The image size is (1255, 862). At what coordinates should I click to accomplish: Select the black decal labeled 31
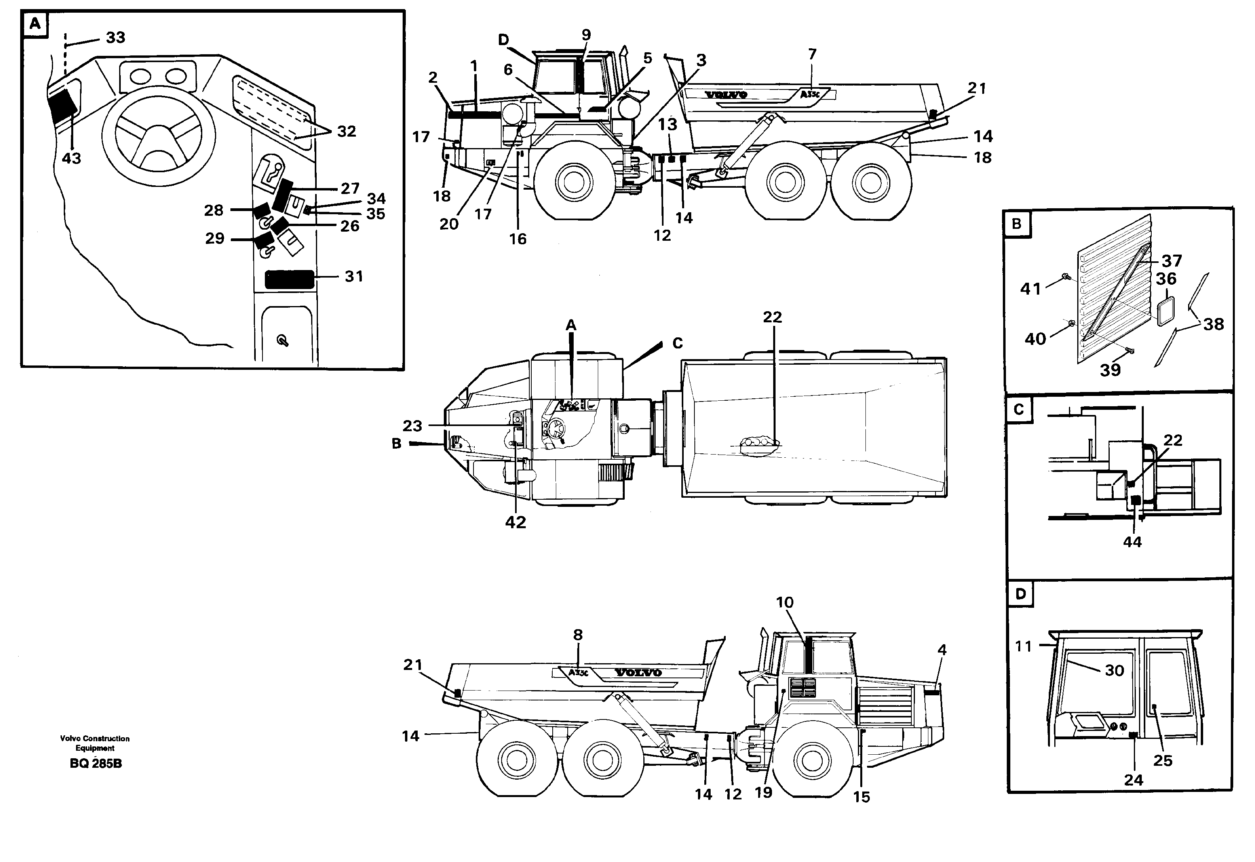(289, 280)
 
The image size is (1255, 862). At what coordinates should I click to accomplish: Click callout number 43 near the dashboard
(71, 158)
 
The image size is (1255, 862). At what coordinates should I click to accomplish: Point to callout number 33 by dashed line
(116, 37)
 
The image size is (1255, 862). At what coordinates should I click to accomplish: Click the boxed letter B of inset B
(1017, 224)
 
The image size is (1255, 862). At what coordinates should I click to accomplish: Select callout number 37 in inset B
(1172, 261)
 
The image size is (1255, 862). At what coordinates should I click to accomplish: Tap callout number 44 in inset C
(1132, 542)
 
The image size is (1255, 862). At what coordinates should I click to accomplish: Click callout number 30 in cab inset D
(1114, 670)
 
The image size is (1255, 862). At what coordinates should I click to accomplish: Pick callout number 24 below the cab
(1133, 780)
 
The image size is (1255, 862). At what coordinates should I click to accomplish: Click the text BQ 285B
(95, 764)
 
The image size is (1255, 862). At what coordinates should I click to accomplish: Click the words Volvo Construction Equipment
(95, 743)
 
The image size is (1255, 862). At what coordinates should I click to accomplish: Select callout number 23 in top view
(412, 426)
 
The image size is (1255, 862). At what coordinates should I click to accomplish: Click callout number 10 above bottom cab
(785, 602)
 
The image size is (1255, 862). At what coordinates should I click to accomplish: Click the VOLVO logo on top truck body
(726, 95)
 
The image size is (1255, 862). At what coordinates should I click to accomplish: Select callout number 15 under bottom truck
(861, 797)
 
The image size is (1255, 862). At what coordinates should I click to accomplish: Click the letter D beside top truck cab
(503, 40)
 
